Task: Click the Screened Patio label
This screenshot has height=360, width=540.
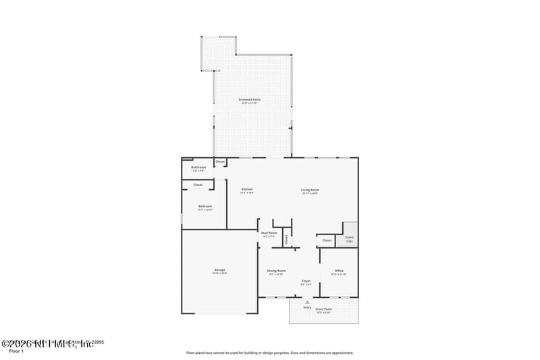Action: (x=249, y=99)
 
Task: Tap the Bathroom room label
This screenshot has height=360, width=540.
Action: (x=198, y=167)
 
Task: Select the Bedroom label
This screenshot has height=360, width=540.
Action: (x=205, y=206)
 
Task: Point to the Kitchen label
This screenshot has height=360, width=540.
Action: (x=247, y=190)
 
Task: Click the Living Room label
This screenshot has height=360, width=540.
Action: (x=310, y=190)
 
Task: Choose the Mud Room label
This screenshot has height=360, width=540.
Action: (x=269, y=232)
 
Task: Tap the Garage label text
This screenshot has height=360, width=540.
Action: (x=219, y=269)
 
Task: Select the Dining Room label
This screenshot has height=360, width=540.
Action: (x=277, y=270)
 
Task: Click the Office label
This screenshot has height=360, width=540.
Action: (x=339, y=270)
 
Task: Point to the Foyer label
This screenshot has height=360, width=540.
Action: (x=306, y=281)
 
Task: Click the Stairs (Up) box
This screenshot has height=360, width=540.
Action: (x=349, y=238)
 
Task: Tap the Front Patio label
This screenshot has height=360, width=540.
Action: (x=323, y=309)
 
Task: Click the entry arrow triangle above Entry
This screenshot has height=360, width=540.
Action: (x=308, y=302)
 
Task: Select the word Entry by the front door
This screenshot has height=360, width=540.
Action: (x=308, y=307)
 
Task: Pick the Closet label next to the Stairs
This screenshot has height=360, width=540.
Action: (x=327, y=240)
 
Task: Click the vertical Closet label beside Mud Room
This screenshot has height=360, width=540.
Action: (x=286, y=238)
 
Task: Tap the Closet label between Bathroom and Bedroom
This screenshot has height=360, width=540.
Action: (x=198, y=184)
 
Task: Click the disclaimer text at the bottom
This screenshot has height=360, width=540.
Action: (x=270, y=353)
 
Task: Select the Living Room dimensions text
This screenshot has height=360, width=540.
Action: (x=310, y=193)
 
